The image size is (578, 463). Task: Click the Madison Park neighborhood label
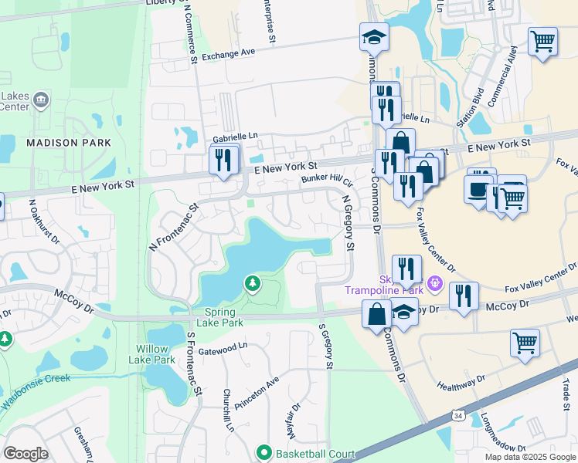pos(68,143)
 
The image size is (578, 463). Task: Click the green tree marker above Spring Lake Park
pos(252,284)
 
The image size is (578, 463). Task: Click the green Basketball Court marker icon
pos(263,453)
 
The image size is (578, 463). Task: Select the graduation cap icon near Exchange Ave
pos(374,36)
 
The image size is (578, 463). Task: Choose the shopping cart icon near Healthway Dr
pos(525,341)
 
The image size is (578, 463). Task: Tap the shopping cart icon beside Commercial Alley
pos(543,41)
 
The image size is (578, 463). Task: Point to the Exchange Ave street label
pos(228,54)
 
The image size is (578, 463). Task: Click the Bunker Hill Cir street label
pos(326,180)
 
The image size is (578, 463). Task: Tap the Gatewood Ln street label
pos(223,350)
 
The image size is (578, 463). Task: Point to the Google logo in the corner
pos(25,454)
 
